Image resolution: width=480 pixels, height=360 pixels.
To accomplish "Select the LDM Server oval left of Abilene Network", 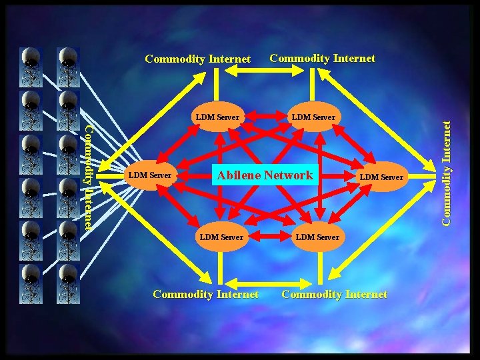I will tap(150, 175).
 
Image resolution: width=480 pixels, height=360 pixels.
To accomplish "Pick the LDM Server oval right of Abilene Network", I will tap(381, 177).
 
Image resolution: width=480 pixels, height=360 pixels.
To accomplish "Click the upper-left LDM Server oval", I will tap(217, 117).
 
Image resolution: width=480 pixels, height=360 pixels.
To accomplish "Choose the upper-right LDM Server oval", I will tap(313, 117).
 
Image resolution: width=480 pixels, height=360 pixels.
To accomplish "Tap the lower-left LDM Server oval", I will tap(221, 237).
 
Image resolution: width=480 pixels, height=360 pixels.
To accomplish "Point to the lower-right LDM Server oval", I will tap(317, 237).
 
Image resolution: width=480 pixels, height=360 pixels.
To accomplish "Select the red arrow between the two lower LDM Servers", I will tap(269, 237).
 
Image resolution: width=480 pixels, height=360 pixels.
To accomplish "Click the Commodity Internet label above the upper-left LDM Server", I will tap(197, 59).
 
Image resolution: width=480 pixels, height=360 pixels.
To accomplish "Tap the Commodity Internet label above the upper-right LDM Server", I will tap(322, 58).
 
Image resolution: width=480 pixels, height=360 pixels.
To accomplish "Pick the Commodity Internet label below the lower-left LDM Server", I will tap(205, 294).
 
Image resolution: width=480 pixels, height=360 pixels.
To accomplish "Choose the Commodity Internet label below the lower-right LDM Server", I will tap(334, 294).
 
